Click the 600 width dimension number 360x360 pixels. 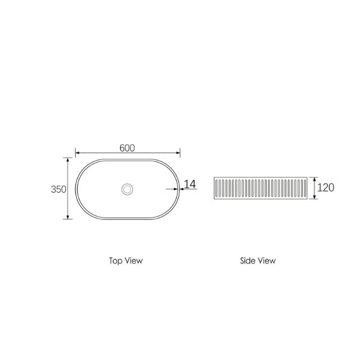127,147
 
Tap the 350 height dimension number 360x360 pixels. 59,189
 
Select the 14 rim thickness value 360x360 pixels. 190,184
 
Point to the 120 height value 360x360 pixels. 326,187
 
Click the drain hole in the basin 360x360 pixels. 128,189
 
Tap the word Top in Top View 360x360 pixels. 115,260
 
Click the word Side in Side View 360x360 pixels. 247,260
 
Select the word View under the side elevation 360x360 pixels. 267,260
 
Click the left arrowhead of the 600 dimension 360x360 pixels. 78,152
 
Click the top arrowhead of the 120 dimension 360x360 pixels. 313,179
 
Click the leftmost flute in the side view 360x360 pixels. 217,188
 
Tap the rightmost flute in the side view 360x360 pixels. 306,188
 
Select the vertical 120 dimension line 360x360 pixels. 313,188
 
